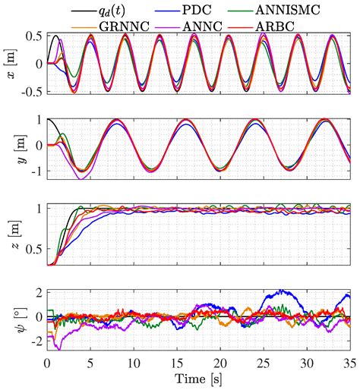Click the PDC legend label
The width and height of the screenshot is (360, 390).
(196, 10)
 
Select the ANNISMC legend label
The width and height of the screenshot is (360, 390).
(288, 10)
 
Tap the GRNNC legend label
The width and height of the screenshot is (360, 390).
(124, 26)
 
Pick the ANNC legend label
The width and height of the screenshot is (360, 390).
(202, 26)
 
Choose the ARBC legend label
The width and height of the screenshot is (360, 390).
(275, 26)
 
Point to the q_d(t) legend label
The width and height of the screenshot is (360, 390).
(112, 11)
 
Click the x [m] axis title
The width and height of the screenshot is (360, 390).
(11, 64)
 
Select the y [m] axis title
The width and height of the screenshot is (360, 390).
(22, 149)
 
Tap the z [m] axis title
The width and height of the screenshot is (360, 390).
(16, 234)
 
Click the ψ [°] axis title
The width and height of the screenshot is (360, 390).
(22, 320)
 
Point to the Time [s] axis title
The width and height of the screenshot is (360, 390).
(198, 379)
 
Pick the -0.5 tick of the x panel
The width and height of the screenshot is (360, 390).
(32, 92)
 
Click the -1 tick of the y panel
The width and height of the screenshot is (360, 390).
(37, 171)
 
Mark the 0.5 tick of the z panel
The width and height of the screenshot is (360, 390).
(34, 250)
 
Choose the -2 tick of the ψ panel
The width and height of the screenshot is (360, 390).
(37, 341)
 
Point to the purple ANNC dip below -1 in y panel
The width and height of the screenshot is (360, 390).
(81, 178)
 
